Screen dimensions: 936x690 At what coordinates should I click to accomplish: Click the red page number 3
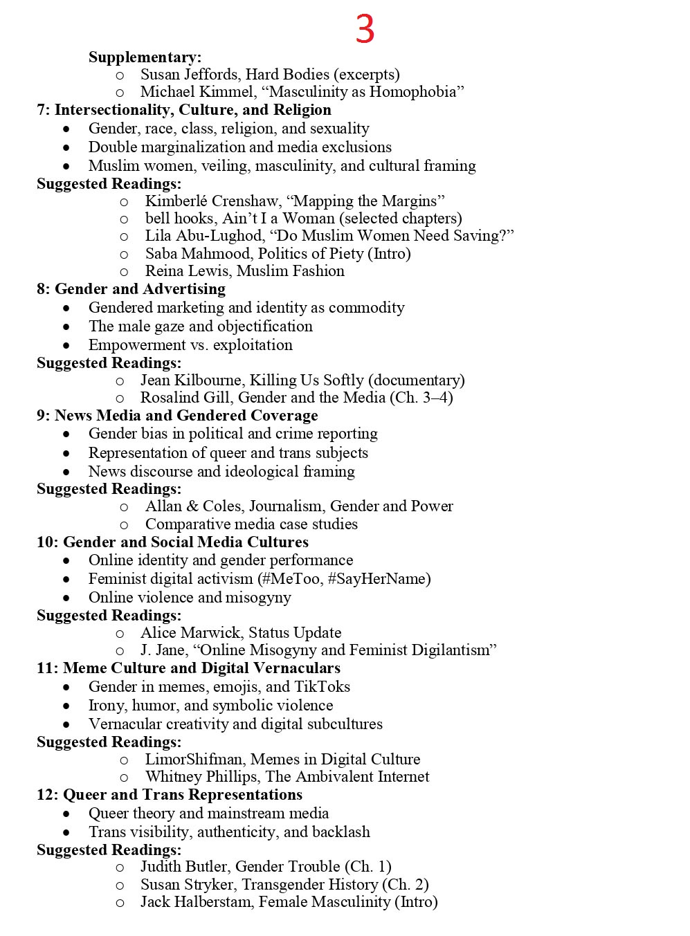365,29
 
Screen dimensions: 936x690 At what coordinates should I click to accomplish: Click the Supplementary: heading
145,57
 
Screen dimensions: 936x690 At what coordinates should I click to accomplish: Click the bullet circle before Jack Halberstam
120,903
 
